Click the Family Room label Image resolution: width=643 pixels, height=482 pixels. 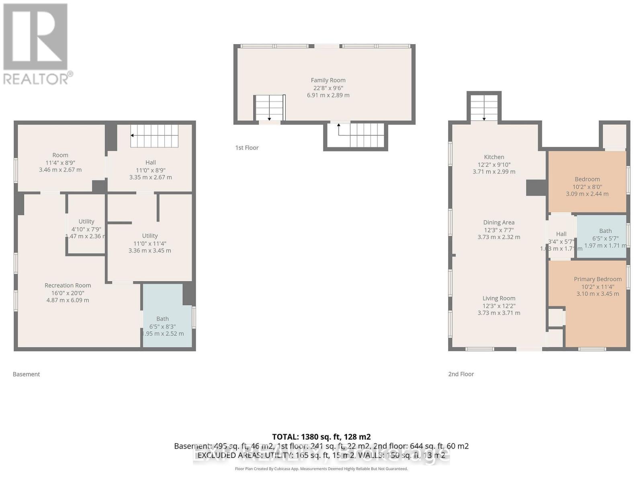(328, 80)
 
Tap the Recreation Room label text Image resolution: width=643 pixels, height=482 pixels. (68, 286)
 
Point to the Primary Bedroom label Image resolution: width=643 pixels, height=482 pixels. (598, 279)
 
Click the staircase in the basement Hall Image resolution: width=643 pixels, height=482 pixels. (154, 136)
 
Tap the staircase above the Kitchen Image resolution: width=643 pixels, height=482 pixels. (484, 107)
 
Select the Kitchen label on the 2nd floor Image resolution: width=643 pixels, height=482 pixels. (494, 157)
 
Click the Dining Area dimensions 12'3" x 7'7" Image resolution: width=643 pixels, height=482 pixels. (499, 230)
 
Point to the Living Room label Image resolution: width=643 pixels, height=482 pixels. (499, 298)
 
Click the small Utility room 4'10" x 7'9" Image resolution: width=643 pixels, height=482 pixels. (86, 229)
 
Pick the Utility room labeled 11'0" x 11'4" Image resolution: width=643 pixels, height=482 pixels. (149, 243)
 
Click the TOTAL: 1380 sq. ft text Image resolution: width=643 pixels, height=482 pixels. (321, 437)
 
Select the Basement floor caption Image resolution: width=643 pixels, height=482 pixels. (27, 374)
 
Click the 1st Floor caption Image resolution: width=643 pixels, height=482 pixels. (247, 148)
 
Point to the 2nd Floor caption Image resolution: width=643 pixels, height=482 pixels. (461, 374)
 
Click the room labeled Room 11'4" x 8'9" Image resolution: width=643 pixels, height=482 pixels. (60, 161)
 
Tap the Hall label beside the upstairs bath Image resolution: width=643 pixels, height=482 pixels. (561, 234)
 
